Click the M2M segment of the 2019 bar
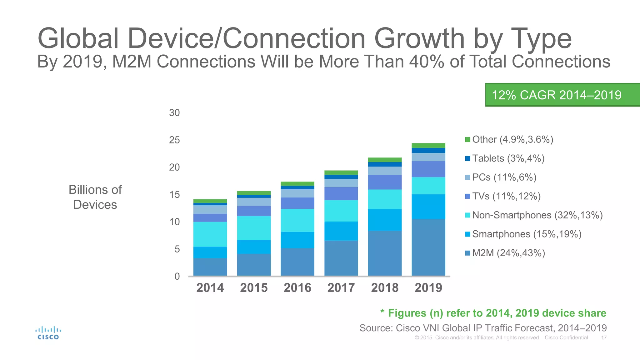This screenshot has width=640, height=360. click(428, 247)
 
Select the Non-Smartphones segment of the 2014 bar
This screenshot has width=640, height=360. click(210, 234)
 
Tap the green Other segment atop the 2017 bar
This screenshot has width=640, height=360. click(341, 172)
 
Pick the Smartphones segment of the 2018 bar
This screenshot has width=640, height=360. click(385, 220)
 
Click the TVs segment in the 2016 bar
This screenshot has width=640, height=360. click(297, 203)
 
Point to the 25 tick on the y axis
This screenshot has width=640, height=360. click(174, 140)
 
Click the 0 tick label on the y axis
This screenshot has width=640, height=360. click(177, 276)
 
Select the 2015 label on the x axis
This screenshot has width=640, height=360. click(254, 287)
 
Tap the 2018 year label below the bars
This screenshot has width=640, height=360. click(385, 287)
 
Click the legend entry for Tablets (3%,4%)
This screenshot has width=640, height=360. click(508, 158)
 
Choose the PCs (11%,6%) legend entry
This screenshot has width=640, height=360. click(504, 177)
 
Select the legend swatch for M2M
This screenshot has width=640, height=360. click(467, 253)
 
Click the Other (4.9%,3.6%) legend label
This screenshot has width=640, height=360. click(512, 139)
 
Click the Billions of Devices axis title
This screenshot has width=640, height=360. click(95, 197)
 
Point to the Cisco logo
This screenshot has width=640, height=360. click(48, 333)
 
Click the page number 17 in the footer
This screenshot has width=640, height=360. click(604, 337)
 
